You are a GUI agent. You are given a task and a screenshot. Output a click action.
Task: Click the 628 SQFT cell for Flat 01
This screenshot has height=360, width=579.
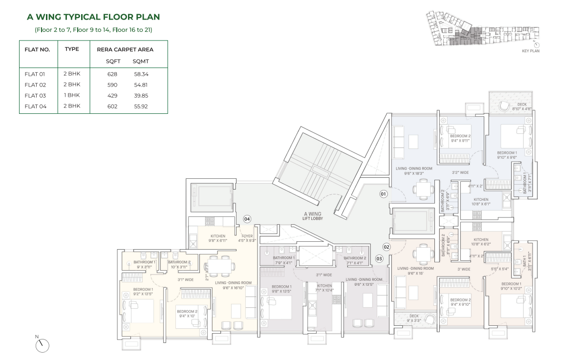[113, 74]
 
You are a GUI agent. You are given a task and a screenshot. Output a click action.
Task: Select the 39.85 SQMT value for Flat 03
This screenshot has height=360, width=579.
[141, 95]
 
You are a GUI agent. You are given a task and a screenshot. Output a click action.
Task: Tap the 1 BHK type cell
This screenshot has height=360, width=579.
[71, 95]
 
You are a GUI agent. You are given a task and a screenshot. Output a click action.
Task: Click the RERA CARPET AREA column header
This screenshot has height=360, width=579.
[125, 49]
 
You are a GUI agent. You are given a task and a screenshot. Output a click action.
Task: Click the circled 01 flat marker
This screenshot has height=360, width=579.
[384, 194]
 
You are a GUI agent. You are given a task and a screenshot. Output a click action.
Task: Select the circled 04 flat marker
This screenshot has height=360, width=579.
[247, 219]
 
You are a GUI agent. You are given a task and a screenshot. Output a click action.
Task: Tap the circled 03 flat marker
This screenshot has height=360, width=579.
[379, 258]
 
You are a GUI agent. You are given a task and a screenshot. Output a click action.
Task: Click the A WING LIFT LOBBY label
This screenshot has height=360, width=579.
[312, 216]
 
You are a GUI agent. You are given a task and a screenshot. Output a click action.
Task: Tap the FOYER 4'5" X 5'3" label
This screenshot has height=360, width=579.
[247, 238]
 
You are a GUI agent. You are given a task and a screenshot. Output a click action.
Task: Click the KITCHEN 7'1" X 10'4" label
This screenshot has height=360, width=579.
[325, 288]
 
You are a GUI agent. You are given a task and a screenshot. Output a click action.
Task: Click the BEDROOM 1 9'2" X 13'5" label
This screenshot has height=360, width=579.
[143, 292]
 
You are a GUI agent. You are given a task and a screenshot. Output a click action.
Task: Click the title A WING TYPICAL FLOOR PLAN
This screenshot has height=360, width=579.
[93, 17]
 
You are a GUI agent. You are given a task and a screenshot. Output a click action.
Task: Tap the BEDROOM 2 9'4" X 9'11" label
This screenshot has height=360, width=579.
[460, 138]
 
